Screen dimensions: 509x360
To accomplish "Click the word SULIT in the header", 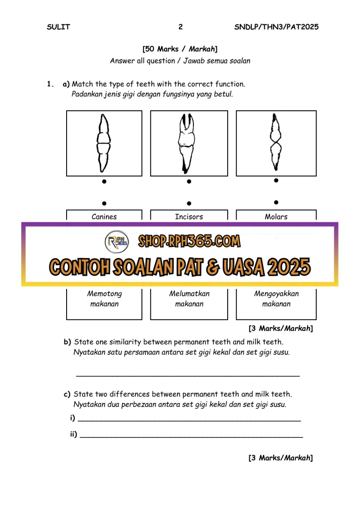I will click(x=58, y=27).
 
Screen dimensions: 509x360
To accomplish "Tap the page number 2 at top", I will click(x=180, y=27).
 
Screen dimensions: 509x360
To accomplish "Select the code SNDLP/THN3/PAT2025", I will click(x=276, y=27).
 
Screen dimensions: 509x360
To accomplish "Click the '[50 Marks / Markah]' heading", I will click(x=180, y=49).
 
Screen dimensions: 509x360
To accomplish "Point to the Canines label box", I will click(x=104, y=216).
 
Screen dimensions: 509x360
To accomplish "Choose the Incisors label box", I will click(x=189, y=216).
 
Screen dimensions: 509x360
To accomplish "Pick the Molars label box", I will click(x=276, y=216).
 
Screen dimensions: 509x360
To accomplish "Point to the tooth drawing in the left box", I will click(x=104, y=143).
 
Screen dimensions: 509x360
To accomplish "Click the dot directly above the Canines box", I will click(x=104, y=203).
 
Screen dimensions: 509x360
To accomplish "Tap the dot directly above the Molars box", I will click(x=276, y=203).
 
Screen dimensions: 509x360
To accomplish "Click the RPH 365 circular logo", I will click(x=117, y=243).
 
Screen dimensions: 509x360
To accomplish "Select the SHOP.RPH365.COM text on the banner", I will click(x=189, y=242).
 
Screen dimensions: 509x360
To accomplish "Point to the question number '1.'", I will click(x=50, y=84).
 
